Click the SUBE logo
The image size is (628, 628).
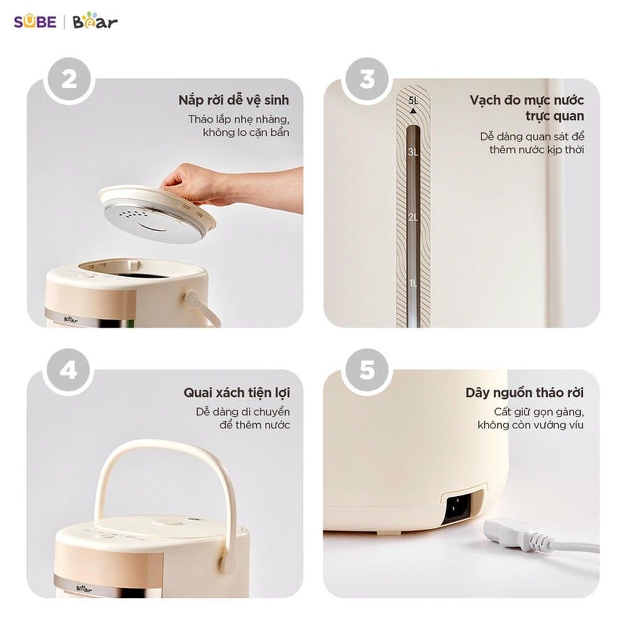[x=35, y=21]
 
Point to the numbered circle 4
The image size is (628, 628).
[x=68, y=371]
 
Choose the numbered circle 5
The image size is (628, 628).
[x=367, y=371]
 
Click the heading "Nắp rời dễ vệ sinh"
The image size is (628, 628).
[x=234, y=100]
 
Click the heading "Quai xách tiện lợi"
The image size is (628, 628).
[x=237, y=392]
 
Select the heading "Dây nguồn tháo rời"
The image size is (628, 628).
[x=524, y=392]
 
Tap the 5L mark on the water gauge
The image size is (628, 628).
[x=413, y=100]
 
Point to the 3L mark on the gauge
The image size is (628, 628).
[x=413, y=152]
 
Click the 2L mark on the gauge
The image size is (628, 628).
[x=413, y=217]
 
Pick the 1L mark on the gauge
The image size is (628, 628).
[x=413, y=283]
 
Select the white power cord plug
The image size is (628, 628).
[x=517, y=534]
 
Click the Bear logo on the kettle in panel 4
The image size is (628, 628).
[x=84, y=589]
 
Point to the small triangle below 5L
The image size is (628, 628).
[x=413, y=111]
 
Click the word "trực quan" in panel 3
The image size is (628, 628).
[x=555, y=116]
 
